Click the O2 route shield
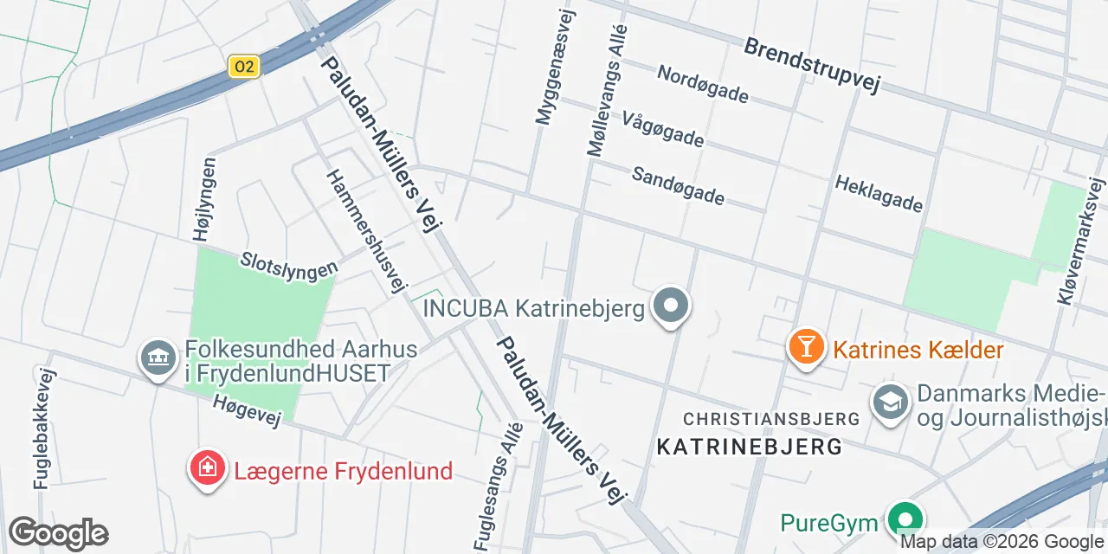[x=245, y=67]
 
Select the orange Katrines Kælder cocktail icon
[x=806, y=347]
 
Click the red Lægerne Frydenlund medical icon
[x=207, y=469]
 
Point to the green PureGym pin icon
[x=905, y=520]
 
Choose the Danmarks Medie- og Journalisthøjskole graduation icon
[x=889, y=402]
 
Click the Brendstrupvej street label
[x=811, y=66]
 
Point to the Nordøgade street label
[x=702, y=84]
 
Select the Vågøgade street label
[x=663, y=129]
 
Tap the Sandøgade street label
[x=678, y=185]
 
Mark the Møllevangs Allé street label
[x=606, y=90]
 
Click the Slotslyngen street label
[x=288, y=265]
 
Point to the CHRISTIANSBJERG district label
[x=771, y=419]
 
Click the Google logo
[x=58, y=533]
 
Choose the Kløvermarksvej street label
[x=1081, y=242]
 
